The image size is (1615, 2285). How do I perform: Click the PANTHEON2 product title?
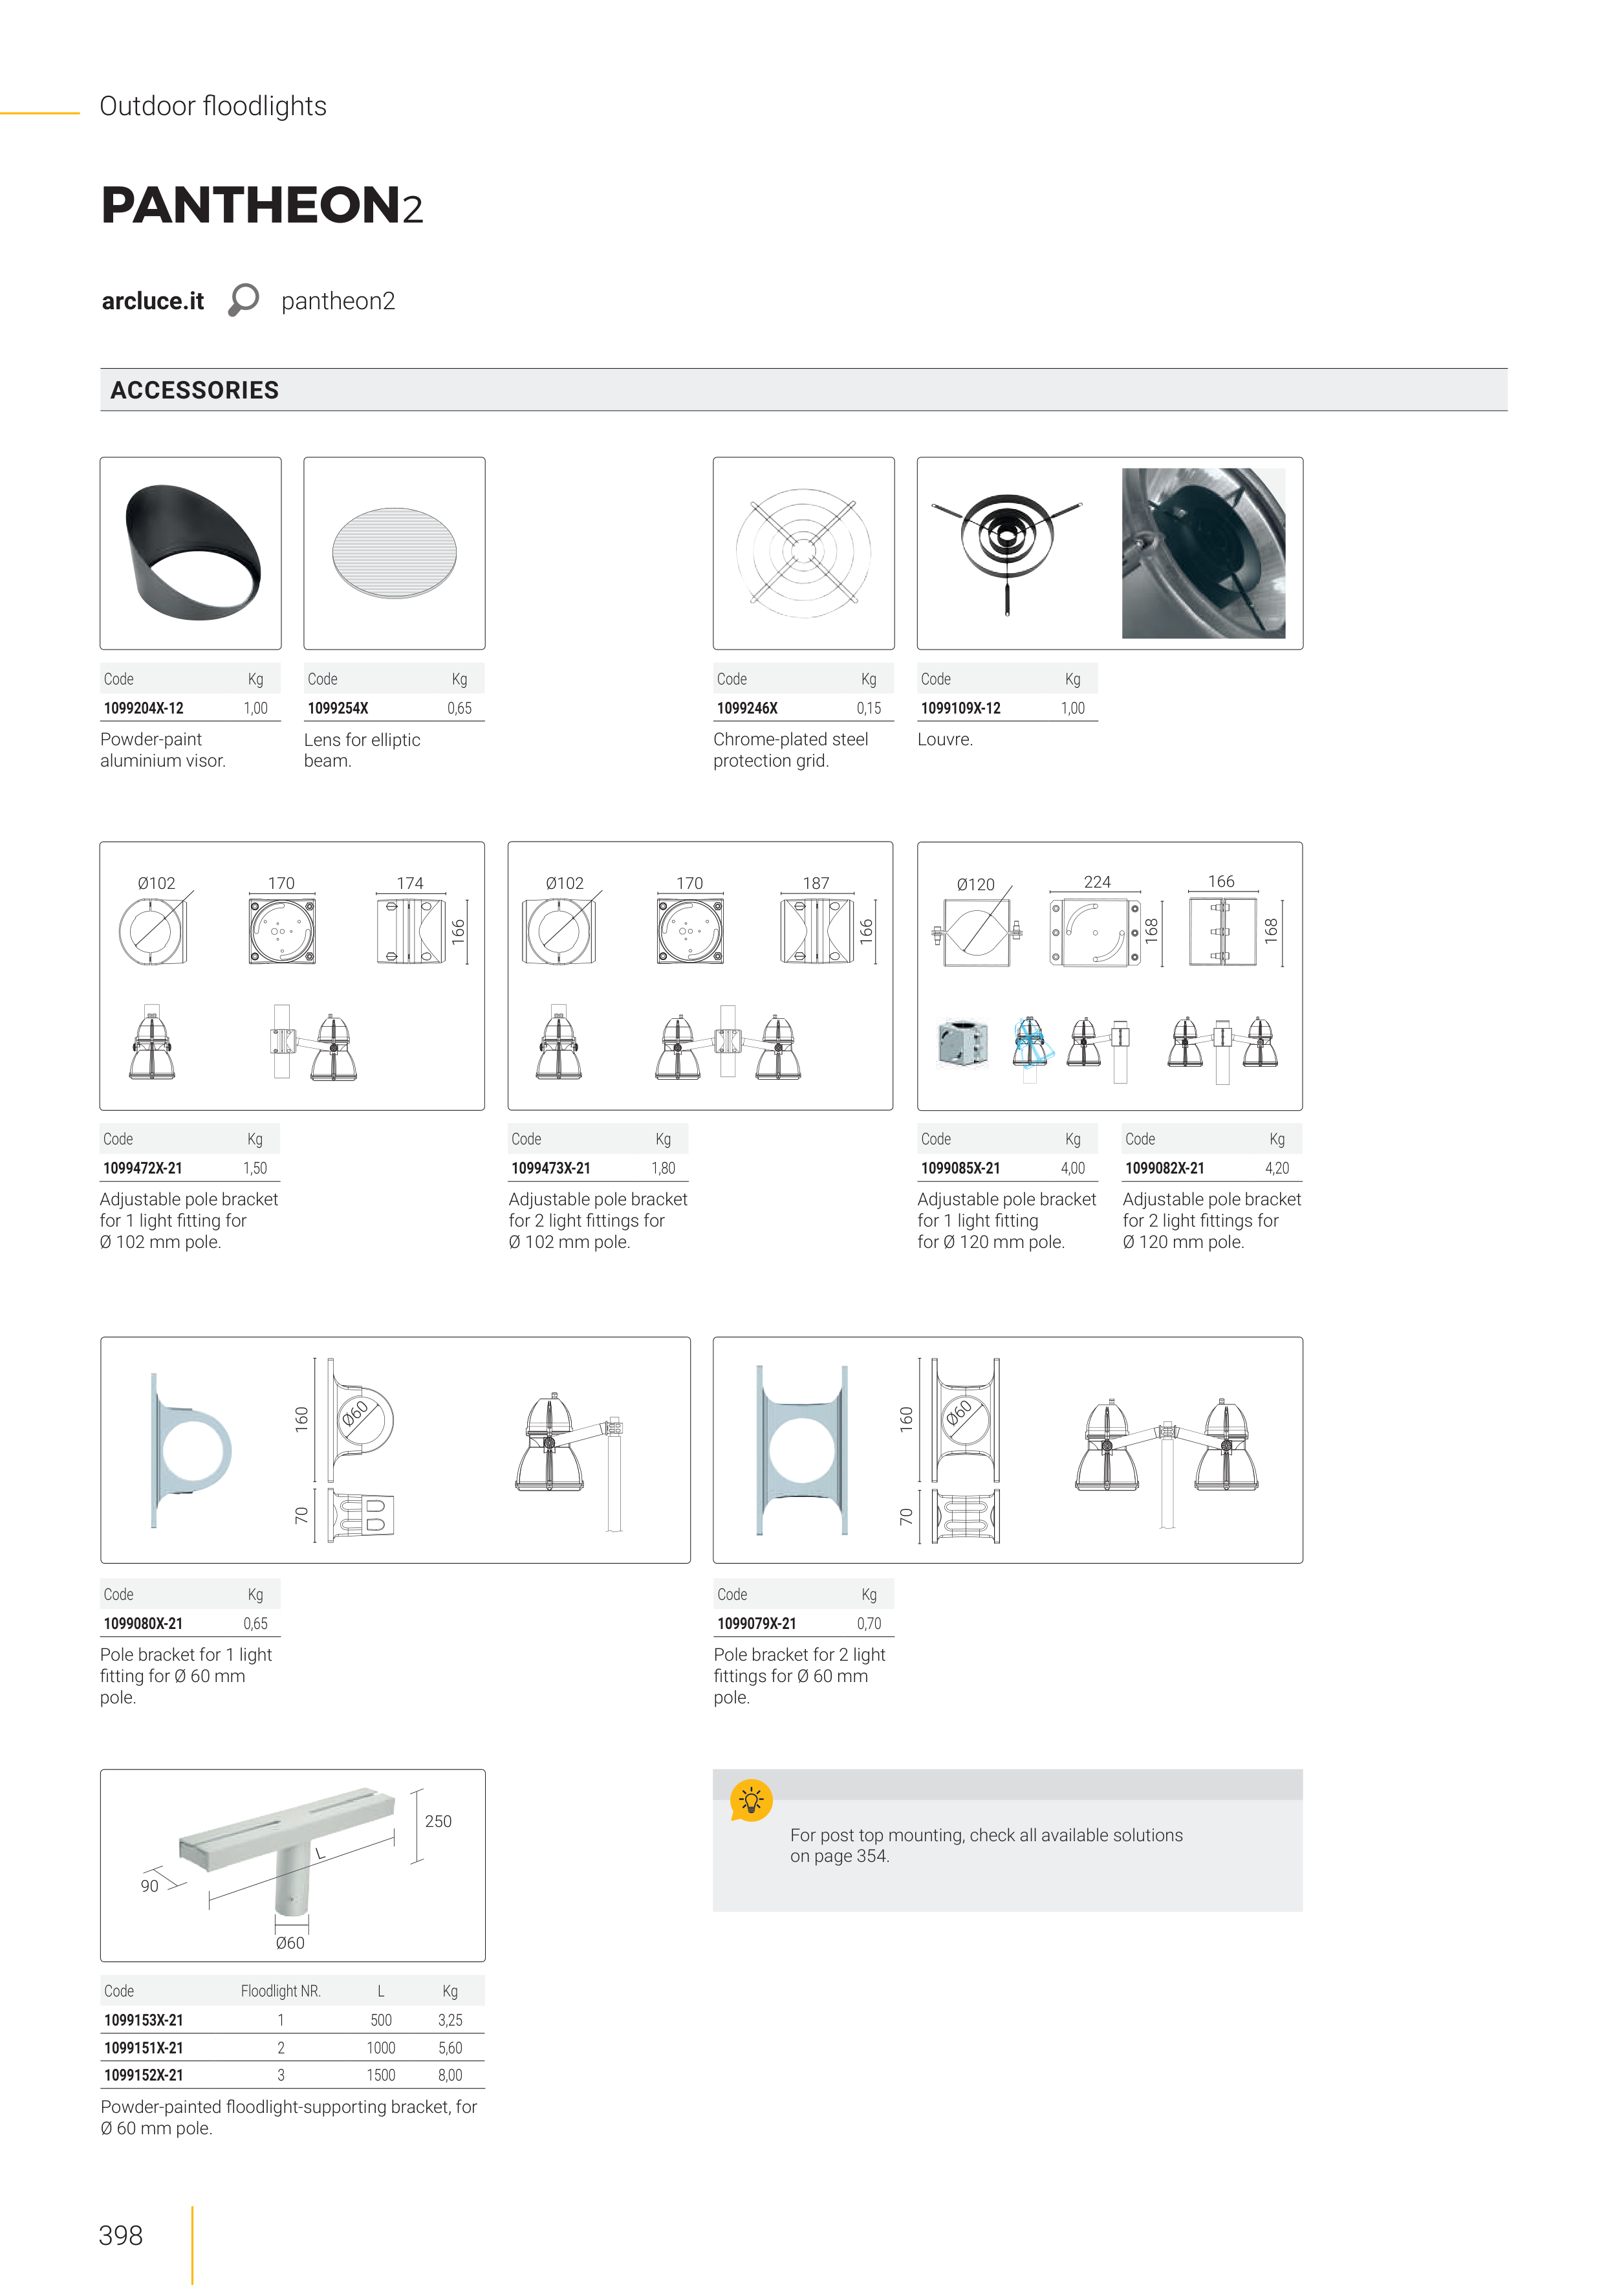click(x=263, y=205)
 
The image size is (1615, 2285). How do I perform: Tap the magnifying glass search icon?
click(x=244, y=300)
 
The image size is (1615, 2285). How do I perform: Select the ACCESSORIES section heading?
click(x=195, y=390)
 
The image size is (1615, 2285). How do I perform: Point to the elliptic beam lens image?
click(x=394, y=553)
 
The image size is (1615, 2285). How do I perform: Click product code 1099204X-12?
click(x=144, y=708)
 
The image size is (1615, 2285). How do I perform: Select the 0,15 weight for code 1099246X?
click(x=869, y=708)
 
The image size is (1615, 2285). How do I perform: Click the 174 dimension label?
click(x=410, y=882)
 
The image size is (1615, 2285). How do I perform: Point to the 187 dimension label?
click(x=816, y=882)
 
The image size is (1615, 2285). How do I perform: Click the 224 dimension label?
click(x=1098, y=882)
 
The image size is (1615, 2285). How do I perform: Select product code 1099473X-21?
click(x=551, y=1168)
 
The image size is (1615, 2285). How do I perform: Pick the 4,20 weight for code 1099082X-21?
click(x=1277, y=1168)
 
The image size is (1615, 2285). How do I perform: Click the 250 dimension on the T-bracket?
click(x=438, y=1821)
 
